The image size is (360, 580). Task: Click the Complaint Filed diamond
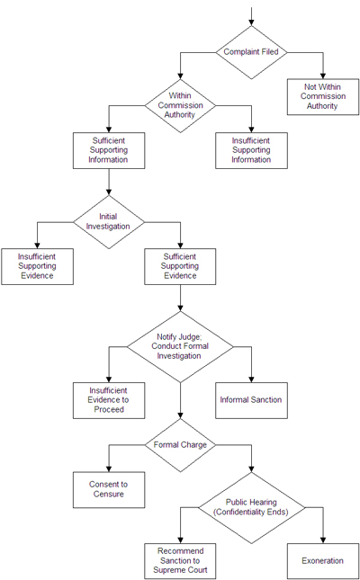tap(252, 51)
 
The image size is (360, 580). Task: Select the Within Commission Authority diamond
tap(181, 105)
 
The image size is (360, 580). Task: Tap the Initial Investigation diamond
tap(108, 221)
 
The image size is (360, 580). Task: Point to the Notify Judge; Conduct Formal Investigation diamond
tap(180, 347)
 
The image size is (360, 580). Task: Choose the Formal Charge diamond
tap(180, 444)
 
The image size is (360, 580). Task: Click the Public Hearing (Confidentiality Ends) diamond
tap(252, 506)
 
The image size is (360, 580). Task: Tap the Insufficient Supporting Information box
tap(252, 150)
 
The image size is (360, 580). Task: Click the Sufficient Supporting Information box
tap(109, 150)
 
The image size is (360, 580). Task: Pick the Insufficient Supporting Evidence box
tap(37, 266)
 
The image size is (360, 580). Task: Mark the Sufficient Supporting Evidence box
tap(180, 266)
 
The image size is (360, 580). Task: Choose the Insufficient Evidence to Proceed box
tap(109, 400)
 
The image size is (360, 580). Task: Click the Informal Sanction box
tap(252, 400)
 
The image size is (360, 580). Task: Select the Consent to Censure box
tap(109, 489)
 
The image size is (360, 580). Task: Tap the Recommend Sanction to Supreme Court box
tap(181, 560)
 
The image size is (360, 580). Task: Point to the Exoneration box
tap(323, 560)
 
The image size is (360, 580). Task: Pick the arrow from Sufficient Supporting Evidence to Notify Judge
tap(180, 298)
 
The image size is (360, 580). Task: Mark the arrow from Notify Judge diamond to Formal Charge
tap(180, 399)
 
